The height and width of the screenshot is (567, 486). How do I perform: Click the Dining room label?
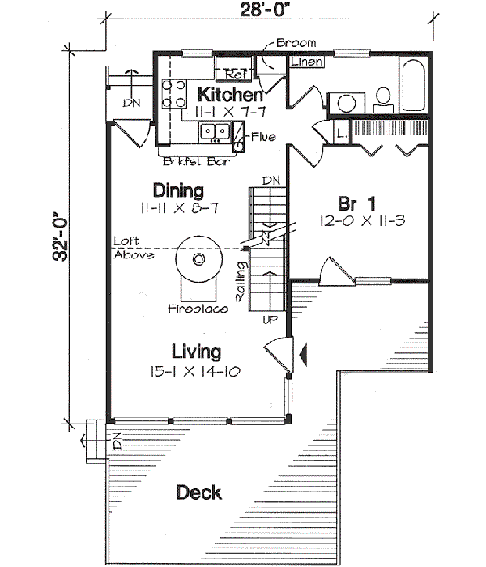pos(178,191)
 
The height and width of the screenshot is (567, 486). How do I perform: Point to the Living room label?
pos(197,352)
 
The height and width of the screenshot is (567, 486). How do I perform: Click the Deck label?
pos(199,492)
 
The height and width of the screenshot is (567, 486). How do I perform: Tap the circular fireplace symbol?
pos(198,260)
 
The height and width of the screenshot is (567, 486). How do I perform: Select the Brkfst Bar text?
pos(194,161)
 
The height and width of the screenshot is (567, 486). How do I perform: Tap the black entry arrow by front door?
pos(304,353)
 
